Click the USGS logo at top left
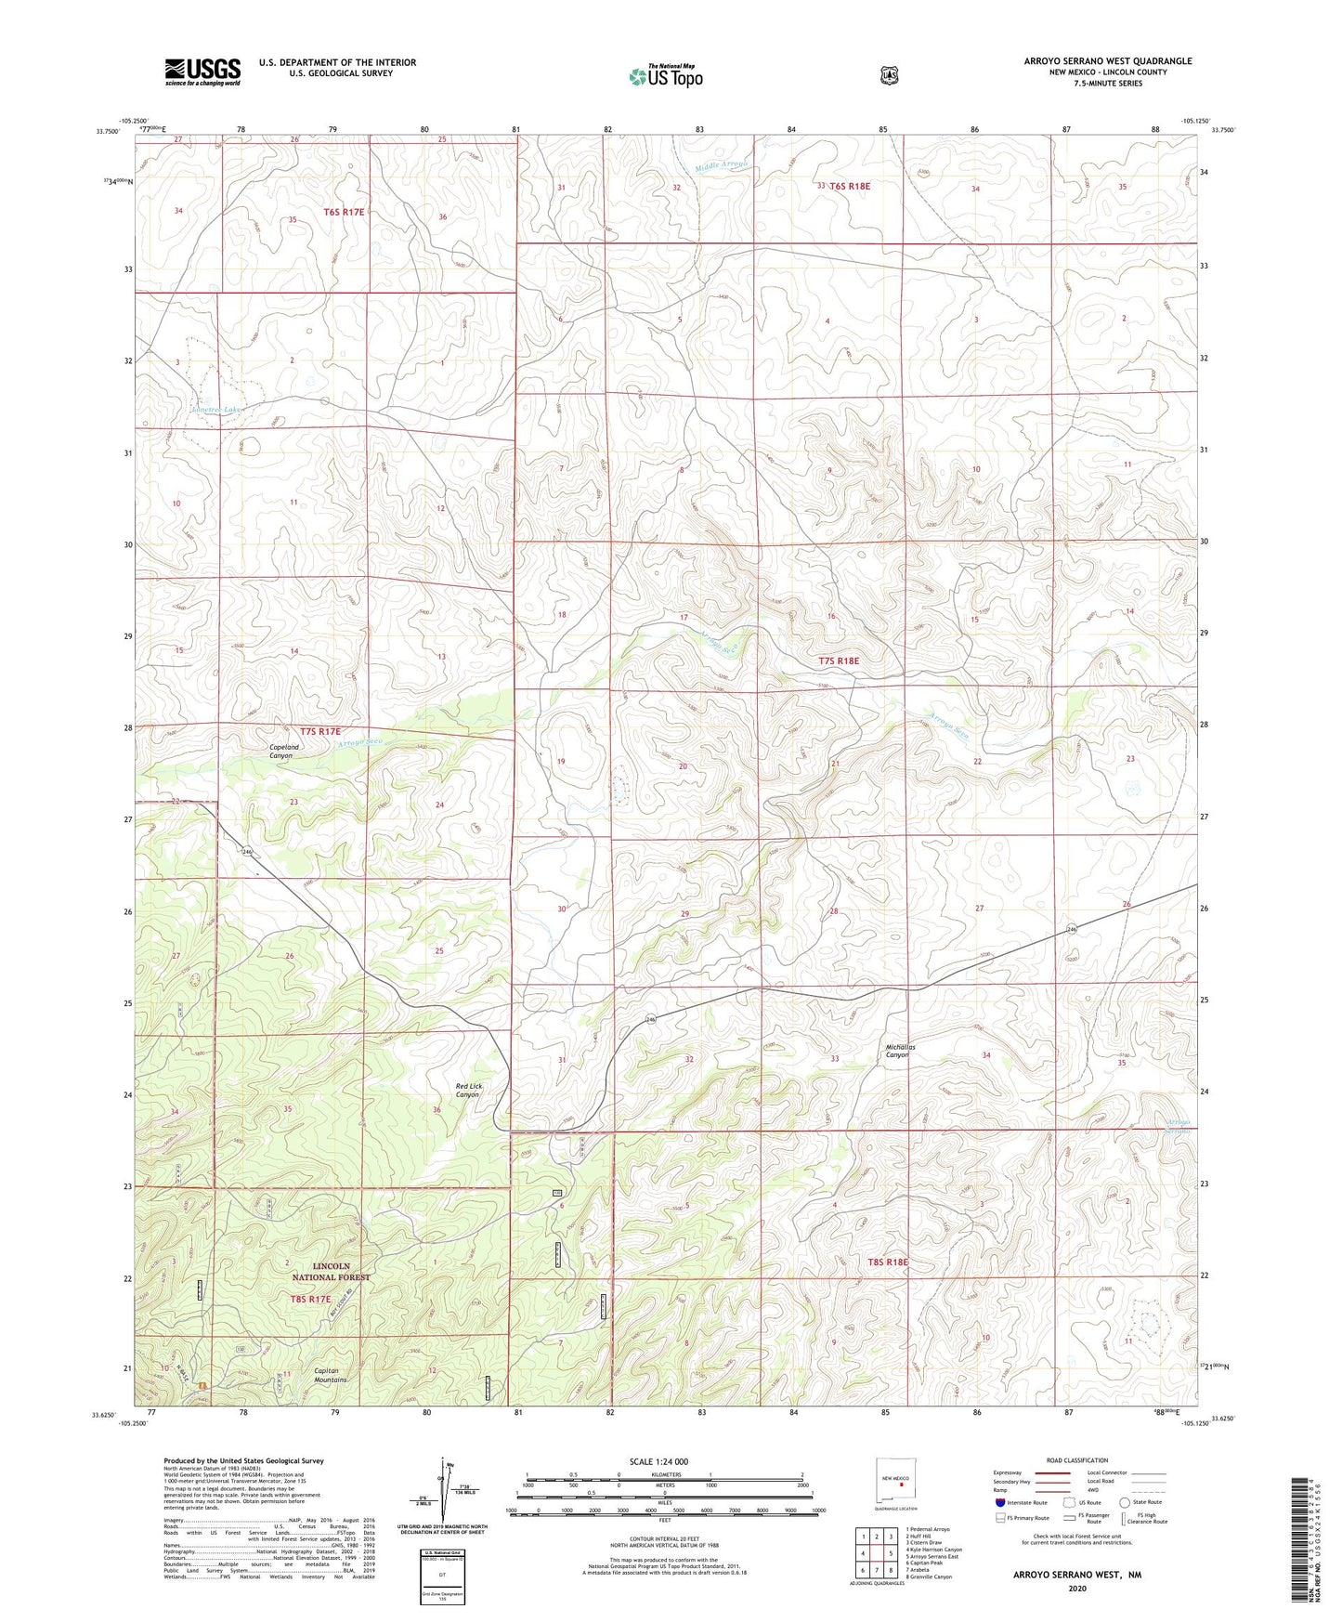click(x=202, y=72)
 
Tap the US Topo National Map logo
click(x=664, y=76)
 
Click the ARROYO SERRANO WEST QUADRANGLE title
click(x=1107, y=61)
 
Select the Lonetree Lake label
click(x=216, y=409)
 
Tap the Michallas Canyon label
click(x=900, y=1051)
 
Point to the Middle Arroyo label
click(x=722, y=165)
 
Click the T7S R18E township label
click(x=839, y=661)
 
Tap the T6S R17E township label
click(x=344, y=212)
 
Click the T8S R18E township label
click(x=887, y=1262)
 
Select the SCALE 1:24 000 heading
click(x=658, y=1461)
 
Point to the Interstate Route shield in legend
click(x=999, y=1502)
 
